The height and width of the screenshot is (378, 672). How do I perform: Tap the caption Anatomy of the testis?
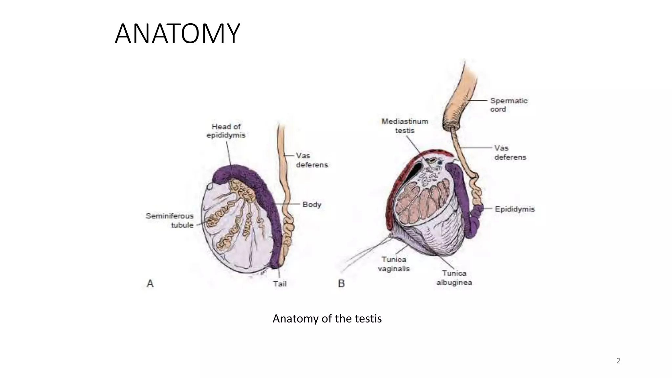click(x=327, y=319)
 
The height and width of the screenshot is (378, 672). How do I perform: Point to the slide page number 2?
click(x=618, y=361)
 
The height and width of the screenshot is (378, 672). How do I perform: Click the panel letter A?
click(x=150, y=283)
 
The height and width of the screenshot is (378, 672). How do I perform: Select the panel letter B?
click(x=341, y=283)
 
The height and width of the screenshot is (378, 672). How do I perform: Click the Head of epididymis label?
click(x=226, y=131)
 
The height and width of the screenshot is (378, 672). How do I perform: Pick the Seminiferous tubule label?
click(x=170, y=220)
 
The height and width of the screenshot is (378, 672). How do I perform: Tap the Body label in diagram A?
click(x=311, y=204)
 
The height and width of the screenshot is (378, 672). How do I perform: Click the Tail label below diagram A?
click(x=280, y=284)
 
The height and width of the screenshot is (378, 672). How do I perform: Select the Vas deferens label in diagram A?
click(x=311, y=160)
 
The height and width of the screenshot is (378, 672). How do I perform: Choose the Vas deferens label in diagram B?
click(x=510, y=153)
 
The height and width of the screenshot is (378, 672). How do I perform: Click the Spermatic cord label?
click(x=509, y=105)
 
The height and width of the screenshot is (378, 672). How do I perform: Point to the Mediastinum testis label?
click(x=405, y=126)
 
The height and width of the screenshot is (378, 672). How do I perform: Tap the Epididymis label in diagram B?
click(x=514, y=209)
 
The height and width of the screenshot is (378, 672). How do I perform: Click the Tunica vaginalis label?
click(x=394, y=264)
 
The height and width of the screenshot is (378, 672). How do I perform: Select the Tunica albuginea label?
click(x=454, y=278)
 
